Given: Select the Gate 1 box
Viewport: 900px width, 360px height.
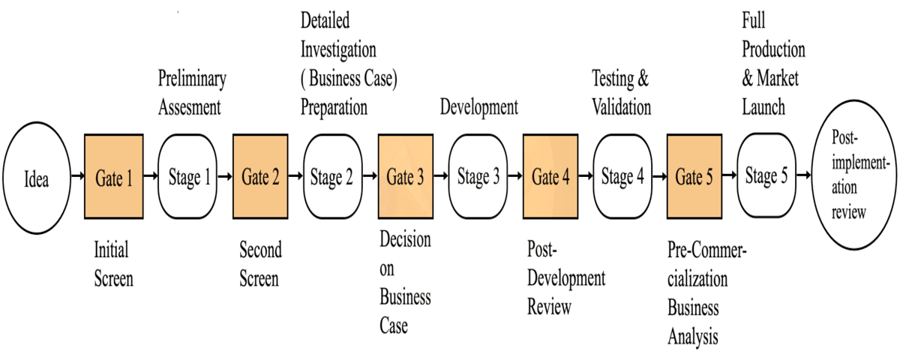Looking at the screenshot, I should click(x=114, y=178).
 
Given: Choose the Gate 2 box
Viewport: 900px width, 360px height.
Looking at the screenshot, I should click(x=260, y=178).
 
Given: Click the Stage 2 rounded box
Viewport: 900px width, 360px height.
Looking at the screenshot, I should click(x=331, y=178).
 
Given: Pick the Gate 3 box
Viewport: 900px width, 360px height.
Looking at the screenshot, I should click(x=405, y=178).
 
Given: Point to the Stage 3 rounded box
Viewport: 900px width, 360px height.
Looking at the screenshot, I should click(x=478, y=178).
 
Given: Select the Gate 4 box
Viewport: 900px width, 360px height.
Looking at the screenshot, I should click(x=550, y=178).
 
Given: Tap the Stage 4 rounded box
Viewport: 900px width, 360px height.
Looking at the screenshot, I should click(x=622, y=178).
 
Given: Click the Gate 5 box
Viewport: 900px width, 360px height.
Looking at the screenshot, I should click(x=694, y=178).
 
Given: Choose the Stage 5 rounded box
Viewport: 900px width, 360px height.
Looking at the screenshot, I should click(x=766, y=177).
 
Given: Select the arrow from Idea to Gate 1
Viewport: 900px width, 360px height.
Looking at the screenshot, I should click(x=76, y=178).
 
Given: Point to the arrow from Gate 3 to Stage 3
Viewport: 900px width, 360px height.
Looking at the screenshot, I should click(x=440, y=178).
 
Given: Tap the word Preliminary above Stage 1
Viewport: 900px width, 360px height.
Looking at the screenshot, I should click(x=192, y=78).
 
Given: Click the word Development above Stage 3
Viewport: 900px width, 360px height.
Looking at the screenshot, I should click(x=478, y=106).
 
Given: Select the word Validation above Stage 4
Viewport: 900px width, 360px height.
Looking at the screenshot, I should click(x=622, y=106).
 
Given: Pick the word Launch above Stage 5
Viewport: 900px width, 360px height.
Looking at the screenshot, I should click(x=763, y=106).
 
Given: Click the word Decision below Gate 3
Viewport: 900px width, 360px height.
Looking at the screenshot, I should click(x=405, y=240).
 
